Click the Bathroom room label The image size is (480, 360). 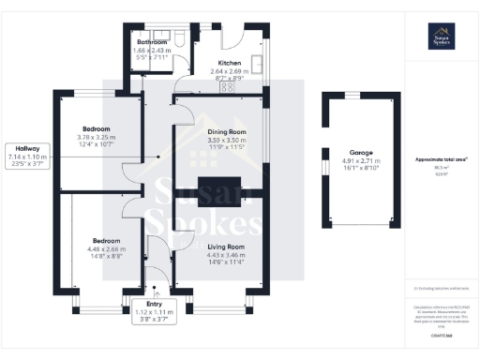coord(152,42)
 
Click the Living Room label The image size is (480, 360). coord(225,247)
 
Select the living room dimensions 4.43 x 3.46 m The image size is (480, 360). coord(225,255)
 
